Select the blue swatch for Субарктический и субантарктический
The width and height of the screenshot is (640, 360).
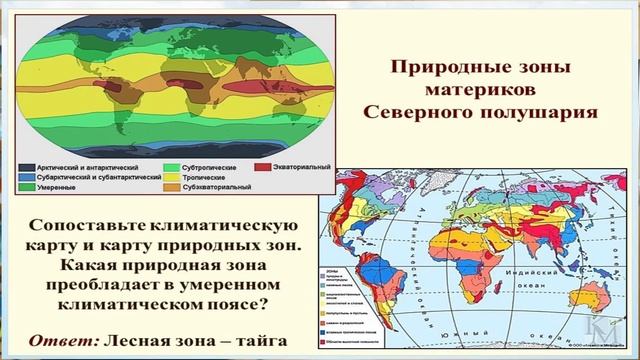27,176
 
